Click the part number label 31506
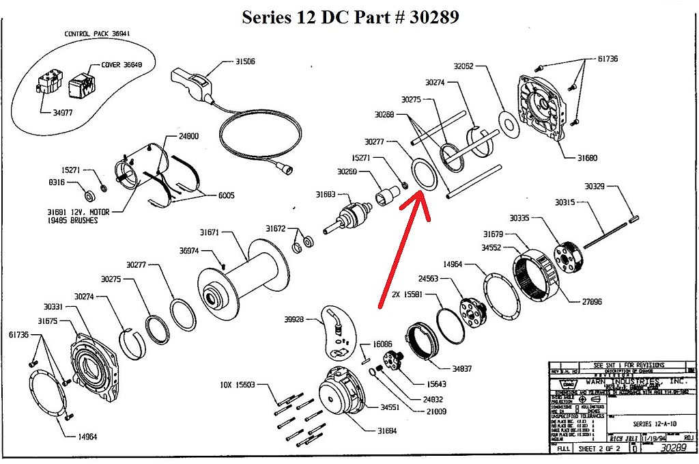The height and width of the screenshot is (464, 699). [x=245, y=62]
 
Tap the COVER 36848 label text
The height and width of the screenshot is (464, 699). [x=121, y=66]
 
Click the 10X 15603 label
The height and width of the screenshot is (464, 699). [x=239, y=385]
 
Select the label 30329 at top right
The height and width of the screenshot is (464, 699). [x=598, y=186]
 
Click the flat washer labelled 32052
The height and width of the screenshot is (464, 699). [x=506, y=121]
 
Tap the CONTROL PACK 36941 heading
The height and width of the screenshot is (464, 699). [x=97, y=33]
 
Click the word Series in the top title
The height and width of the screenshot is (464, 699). [x=267, y=16]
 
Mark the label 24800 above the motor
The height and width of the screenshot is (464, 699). [x=188, y=136]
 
